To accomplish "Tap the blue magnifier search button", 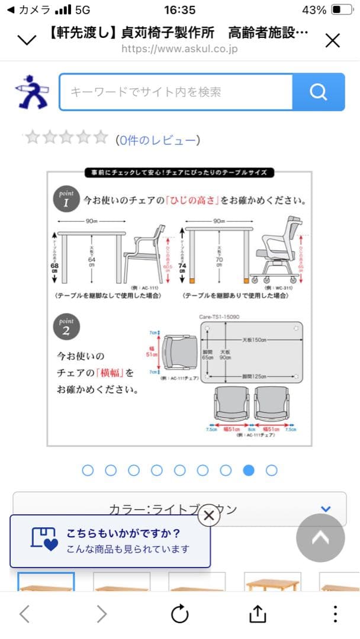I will [x=319, y=92].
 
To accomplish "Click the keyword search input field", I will [x=176, y=92].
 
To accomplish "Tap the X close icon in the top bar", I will [x=333, y=40].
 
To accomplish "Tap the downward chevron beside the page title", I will [x=27, y=40].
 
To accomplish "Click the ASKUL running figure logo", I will [x=32, y=92].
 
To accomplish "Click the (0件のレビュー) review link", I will [x=157, y=140].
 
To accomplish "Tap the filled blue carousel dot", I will [x=249, y=470].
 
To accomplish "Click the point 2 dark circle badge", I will [x=66, y=328].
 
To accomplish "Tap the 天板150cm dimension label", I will [x=254, y=340].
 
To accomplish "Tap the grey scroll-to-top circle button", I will [x=320, y=538].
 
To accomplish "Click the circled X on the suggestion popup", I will [x=208, y=515].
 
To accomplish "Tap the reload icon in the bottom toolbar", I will [x=180, y=614].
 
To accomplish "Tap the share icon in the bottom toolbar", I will [x=257, y=614].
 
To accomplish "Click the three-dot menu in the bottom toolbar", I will [x=335, y=614].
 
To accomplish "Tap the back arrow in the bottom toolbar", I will [x=24, y=614].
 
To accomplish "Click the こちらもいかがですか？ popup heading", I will [x=123, y=532].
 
